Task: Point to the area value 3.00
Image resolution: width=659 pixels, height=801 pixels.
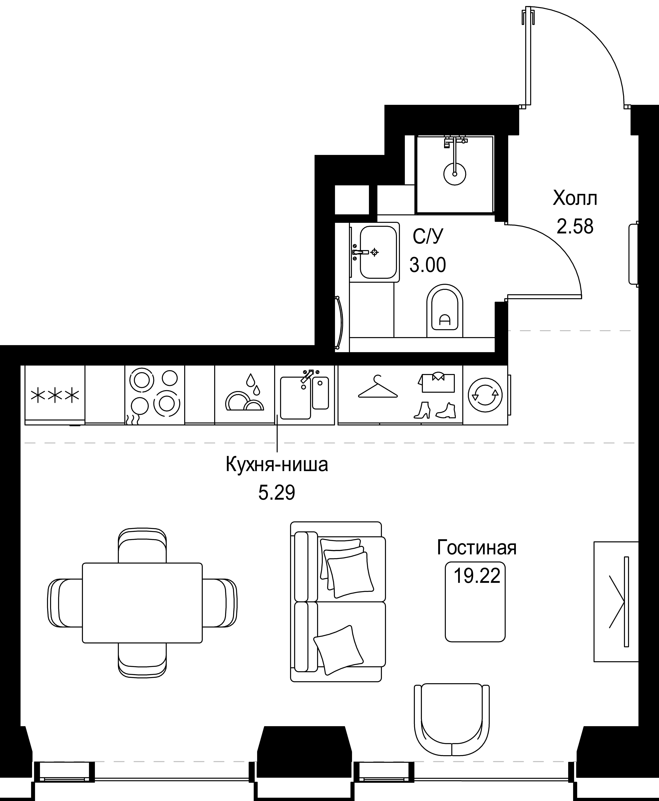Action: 428,265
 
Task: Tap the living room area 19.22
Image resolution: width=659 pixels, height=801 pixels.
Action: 477,576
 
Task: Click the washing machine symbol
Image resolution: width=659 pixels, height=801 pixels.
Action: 485,395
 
